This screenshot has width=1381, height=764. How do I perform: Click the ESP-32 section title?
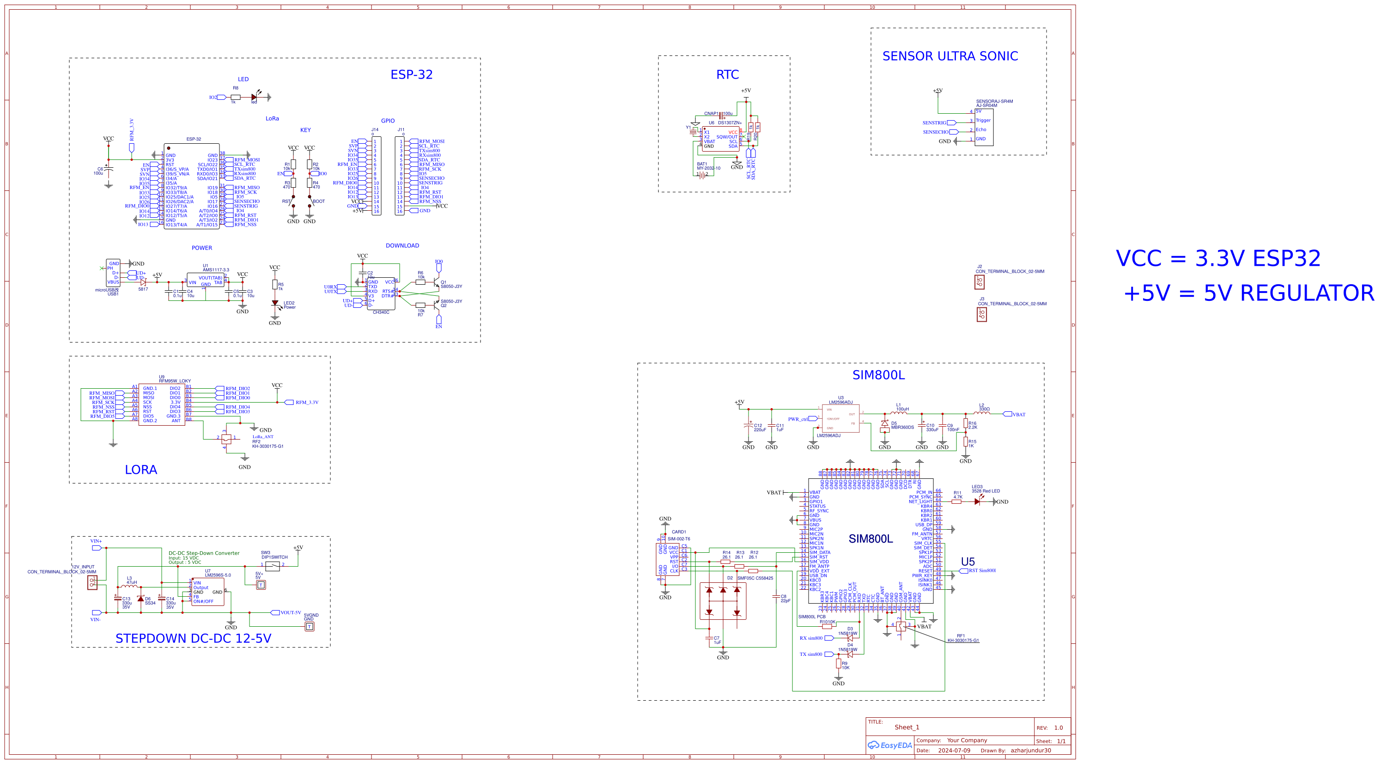(411, 74)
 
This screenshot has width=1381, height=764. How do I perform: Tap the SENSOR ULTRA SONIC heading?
(949, 56)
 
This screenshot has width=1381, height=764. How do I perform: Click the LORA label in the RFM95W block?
(140, 470)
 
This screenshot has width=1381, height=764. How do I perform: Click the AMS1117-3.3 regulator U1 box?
(205, 281)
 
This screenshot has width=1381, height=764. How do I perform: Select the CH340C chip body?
(381, 293)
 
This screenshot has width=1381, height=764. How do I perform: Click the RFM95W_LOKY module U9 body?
(161, 404)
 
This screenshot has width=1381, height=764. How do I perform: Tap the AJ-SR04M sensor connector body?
(983, 128)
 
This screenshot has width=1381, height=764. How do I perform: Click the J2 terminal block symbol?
(980, 281)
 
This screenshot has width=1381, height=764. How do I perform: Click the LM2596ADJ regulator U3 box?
(840, 418)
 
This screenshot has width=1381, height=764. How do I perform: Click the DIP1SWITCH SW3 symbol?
(272, 566)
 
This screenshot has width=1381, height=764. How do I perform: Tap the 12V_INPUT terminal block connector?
(92, 583)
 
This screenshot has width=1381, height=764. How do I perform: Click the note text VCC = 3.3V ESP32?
(1217, 258)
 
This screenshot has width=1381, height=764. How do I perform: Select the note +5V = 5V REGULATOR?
(1248, 293)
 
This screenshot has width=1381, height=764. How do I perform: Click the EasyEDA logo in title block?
(890, 745)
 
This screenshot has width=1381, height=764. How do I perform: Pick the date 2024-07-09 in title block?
(954, 751)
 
